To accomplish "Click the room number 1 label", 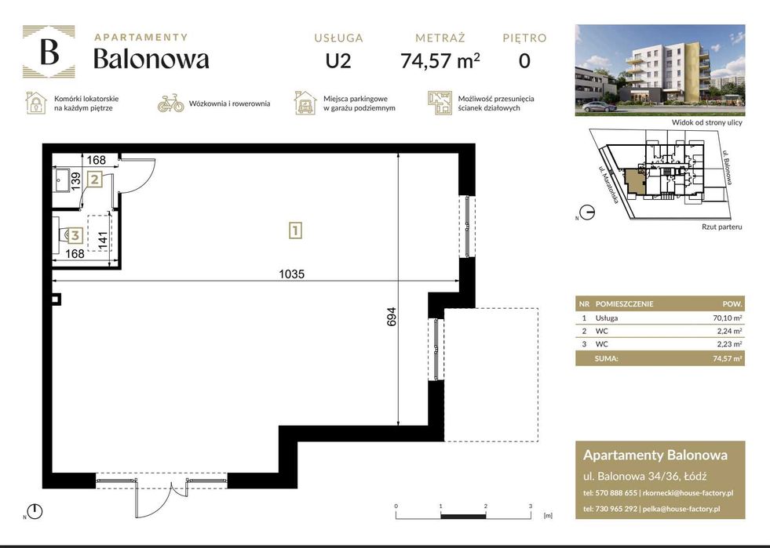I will [x=295, y=230].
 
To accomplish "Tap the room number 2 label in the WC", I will [x=94, y=180].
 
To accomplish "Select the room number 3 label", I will [x=75, y=234].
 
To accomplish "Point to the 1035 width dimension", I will [x=291, y=274].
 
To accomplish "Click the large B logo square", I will [x=49, y=52].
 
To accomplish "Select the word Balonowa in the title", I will [x=151, y=59].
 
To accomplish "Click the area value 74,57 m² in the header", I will [x=440, y=60].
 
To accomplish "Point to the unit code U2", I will [x=338, y=60].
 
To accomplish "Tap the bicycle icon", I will [x=170, y=103].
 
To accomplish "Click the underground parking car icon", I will [x=305, y=103].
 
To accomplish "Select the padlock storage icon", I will [x=35, y=103].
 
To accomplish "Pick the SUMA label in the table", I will [x=608, y=358].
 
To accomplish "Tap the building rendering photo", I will [x=659, y=69].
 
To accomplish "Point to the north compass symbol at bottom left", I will [x=35, y=512].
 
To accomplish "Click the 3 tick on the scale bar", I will [x=531, y=506].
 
